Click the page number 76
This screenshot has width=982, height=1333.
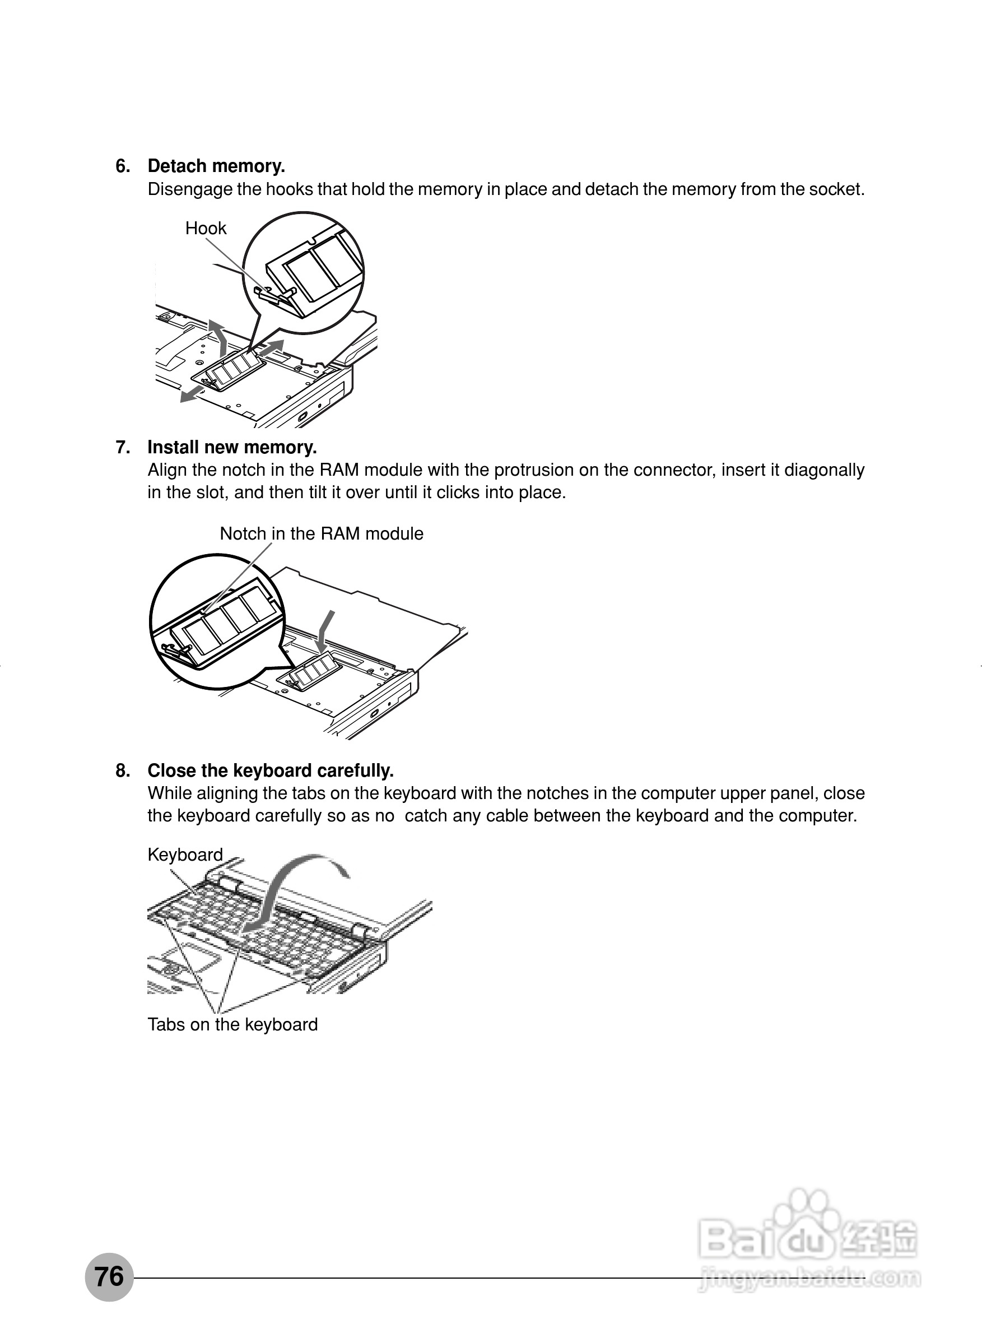point(109,1276)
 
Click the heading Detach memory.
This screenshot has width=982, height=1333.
point(216,166)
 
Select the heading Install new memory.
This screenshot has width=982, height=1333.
point(232,447)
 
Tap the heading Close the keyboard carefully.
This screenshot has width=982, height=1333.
point(271,770)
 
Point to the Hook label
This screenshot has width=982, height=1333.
point(206,228)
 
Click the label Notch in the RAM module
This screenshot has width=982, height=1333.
point(322,534)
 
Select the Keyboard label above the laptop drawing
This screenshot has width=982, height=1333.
point(185,855)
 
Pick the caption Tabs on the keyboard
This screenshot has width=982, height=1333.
point(232,1024)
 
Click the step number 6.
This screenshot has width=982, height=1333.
point(123,166)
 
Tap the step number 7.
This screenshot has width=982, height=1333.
point(123,447)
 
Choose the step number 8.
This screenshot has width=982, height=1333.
point(123,770)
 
